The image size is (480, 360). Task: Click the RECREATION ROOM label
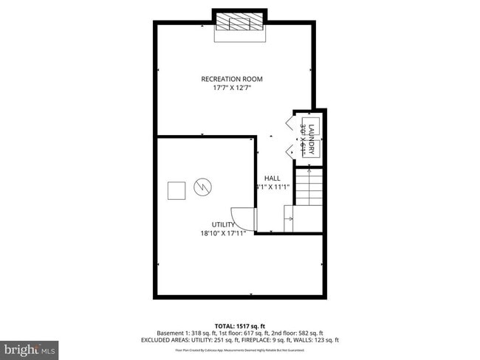coord(232,79)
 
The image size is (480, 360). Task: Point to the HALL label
coord(272,179)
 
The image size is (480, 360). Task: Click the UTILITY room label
coord(223,225)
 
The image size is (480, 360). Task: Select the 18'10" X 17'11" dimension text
coord(223,235)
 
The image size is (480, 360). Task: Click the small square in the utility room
coord(176,191)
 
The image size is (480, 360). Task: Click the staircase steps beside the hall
coord(308,187)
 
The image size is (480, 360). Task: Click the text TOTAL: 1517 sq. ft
coord(239,325)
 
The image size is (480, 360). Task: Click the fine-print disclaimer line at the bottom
coord(239,350)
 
